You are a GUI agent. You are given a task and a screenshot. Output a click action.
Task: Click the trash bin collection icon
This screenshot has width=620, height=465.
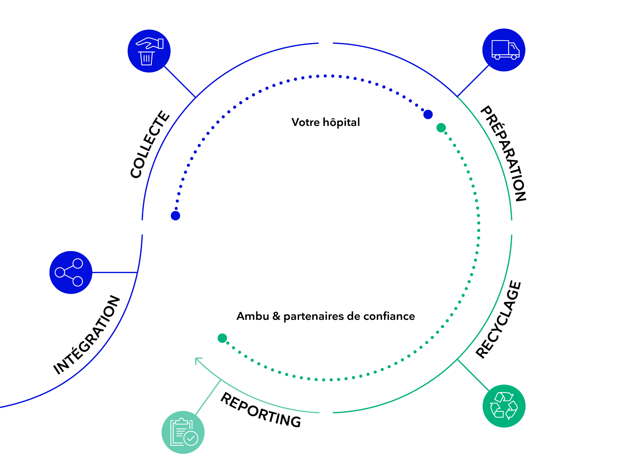click(149, 51)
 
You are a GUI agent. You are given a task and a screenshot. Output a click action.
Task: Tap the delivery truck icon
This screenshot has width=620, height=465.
click(503, 50)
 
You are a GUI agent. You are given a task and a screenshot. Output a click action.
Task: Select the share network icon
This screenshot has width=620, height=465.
click(71, 272)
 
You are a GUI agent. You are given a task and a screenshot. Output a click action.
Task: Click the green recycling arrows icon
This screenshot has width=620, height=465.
click(504, 406)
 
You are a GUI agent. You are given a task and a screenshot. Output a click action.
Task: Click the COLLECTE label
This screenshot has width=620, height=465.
click(150, 144)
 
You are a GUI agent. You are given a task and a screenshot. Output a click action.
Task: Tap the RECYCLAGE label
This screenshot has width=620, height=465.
click(498, 319)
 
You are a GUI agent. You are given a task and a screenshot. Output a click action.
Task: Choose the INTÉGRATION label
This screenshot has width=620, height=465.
click(87, 335)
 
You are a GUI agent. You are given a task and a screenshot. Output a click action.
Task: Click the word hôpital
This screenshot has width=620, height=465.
click(341, 122)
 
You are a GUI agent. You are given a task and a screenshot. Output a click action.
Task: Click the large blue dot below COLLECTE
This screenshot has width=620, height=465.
click(175, 216)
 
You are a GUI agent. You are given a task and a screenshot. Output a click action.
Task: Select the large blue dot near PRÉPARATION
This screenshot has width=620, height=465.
click(428, 114)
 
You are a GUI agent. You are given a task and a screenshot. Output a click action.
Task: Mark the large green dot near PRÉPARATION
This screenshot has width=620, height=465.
click(441, 128)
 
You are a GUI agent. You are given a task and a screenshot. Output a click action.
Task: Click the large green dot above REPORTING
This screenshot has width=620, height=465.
click(222, 338)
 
